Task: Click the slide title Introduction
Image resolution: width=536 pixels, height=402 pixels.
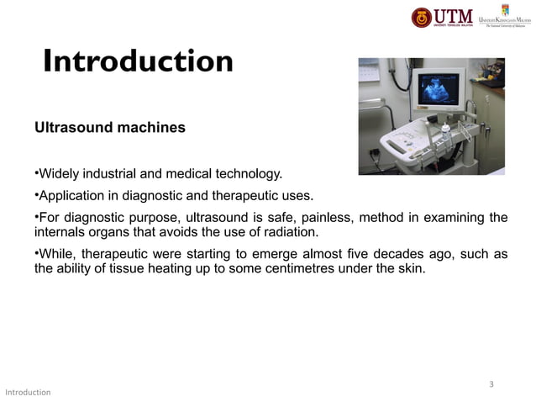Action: (x=138, y=61)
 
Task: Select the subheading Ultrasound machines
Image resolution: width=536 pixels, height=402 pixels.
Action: (x=109, y=130)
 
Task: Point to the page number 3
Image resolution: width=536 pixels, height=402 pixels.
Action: (x=491, y=384)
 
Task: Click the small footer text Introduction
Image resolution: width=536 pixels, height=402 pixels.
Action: (x=28, y=393)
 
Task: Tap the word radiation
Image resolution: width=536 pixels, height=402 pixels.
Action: (x=290, y=233)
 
